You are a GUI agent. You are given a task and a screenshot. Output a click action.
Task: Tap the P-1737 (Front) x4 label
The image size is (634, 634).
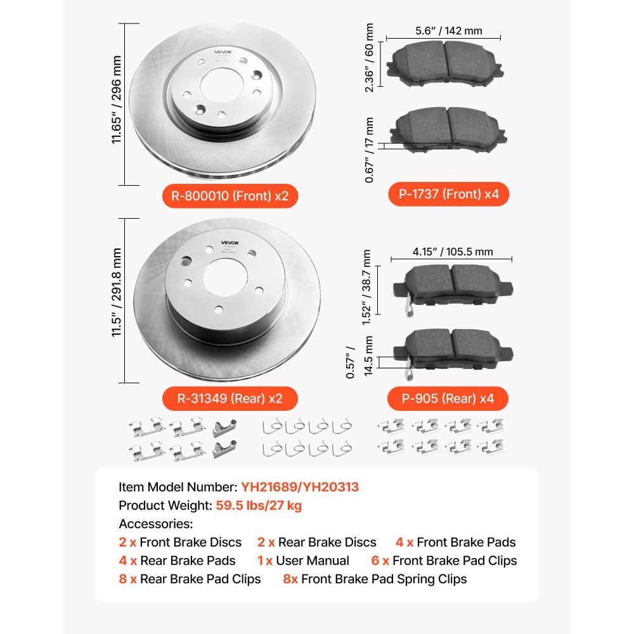pos(449,194)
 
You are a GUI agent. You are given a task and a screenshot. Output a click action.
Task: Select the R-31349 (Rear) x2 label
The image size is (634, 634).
pos(229,399)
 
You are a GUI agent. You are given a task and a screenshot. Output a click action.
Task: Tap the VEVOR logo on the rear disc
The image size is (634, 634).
pos(229,242)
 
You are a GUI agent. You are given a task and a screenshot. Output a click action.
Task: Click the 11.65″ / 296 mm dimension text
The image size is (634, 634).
pos(117,104)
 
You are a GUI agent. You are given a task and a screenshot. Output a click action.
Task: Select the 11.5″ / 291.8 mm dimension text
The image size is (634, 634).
pos(117,301)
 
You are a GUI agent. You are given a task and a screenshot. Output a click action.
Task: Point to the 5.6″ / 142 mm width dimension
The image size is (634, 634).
pos(448,30)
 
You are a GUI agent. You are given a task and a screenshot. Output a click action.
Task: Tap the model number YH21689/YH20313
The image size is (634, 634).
pos(300,487)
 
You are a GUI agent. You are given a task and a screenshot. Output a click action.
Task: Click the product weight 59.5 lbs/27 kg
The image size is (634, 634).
pos(259,505)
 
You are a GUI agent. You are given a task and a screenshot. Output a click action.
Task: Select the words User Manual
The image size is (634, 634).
pos(313,560)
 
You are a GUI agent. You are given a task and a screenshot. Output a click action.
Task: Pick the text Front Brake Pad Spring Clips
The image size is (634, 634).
pos(384,579)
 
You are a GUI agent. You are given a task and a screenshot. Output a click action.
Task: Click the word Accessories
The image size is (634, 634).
pos(156,524)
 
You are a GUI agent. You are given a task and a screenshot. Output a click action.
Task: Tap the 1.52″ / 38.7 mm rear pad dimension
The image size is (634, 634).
pos(366,287)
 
